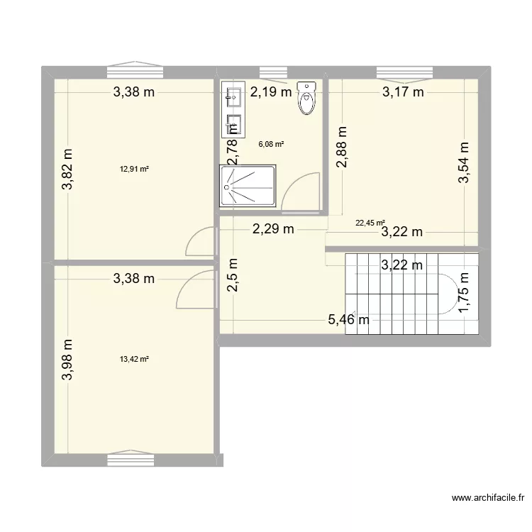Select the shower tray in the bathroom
pyautogui.click(x=248, y=186)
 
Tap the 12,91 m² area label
pyautogui.click(x=134, y=169)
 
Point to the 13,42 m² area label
pyautogui.click(x=134, y=359)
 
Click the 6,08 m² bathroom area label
pyautogui.click(x=271, y=144)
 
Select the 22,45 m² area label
pyautogui.click(x=370, y=222)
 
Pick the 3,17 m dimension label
pyautogui.click(x=403, y=91)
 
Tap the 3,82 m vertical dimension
pyautogui.click(x=67, y=170)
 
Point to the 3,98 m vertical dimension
pyautogui.click(x=67, y=359)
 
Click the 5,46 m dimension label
pyautogui.click(x=348, y=321)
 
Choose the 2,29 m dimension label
pyautogui.click(x=273, y=228)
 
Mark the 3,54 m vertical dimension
pyautogui.click(x=465, y=162)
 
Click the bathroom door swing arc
pyautogui.click(x=301, y=194)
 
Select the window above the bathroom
pyautogui.click(x=270, y=71)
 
